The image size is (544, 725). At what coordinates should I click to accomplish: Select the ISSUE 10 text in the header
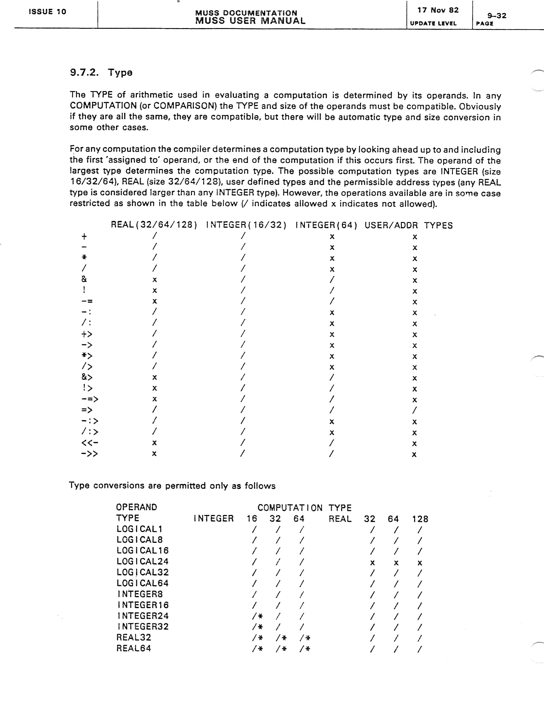48,12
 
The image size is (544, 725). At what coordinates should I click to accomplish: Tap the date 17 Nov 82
438,10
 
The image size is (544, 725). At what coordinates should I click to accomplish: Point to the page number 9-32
497,16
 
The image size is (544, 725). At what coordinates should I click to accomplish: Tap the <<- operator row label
90,443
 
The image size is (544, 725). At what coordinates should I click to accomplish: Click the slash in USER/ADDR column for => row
415,410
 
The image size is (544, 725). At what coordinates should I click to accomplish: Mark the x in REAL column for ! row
154,291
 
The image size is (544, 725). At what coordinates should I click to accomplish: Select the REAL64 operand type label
134,648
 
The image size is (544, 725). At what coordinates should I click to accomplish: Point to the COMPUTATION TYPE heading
304,508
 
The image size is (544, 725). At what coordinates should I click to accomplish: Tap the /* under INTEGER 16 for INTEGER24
257,616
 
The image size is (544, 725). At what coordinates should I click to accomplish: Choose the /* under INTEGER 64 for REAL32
305,638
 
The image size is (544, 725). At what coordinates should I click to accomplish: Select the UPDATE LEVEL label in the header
433,23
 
